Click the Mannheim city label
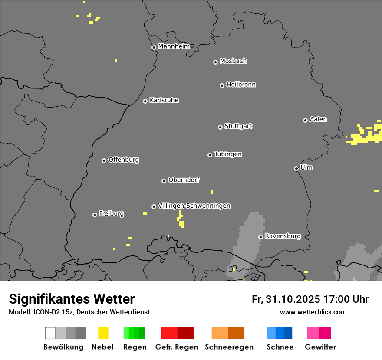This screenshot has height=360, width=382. (x=174, y=46)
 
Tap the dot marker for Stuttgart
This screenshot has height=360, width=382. (x=220, y=127)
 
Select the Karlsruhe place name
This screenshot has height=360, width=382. (x=164, y=100)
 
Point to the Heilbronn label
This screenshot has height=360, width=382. (x=241, y=85)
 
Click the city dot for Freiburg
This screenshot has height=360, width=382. (x=95, y=215)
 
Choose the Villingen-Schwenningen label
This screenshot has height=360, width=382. (x=194, y=206)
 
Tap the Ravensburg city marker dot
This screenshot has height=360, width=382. (x=260, y=237)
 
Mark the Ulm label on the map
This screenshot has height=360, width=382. (x=306, y=167)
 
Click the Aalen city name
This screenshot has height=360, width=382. (x=318, y=119)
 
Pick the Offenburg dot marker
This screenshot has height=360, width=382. (x=104, y=160)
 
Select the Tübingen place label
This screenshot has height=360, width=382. (x=228, y=154)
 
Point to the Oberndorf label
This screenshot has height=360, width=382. (x=184, y=180)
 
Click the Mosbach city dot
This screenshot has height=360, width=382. (x=215, y=62)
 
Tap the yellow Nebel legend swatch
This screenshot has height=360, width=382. (x=103, y=333)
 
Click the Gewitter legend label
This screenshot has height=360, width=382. (x=320, y=347)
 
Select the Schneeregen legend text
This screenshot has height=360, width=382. (x=229, y=347)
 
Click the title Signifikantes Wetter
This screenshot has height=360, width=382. (x=72, y=299)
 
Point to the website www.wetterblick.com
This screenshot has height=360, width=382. (x=313, y=312)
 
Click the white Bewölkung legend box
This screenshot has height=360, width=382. (x=50, y=333)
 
